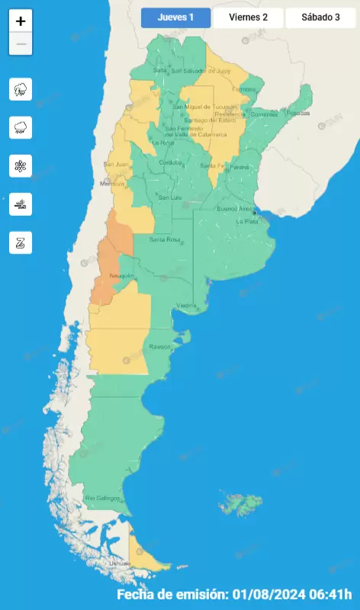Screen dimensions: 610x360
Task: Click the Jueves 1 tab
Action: [x=175, y=18]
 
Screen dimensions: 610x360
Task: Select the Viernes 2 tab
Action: [x=248, y=18]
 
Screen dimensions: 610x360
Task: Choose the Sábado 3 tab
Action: [x=321, y=18]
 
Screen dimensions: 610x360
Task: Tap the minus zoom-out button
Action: [x=21, y=44]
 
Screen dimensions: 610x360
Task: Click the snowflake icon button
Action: [x=21, y=165]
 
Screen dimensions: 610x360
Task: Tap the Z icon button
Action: [x=21, y=242]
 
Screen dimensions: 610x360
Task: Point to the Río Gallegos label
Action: [x=103, y=499]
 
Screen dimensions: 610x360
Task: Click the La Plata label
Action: [x=246, y=221]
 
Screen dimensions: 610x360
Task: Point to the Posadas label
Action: [x=299, y=113]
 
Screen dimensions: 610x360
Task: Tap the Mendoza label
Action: [x=111, y=185]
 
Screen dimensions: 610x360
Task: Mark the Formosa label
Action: [x=244, y=89]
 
